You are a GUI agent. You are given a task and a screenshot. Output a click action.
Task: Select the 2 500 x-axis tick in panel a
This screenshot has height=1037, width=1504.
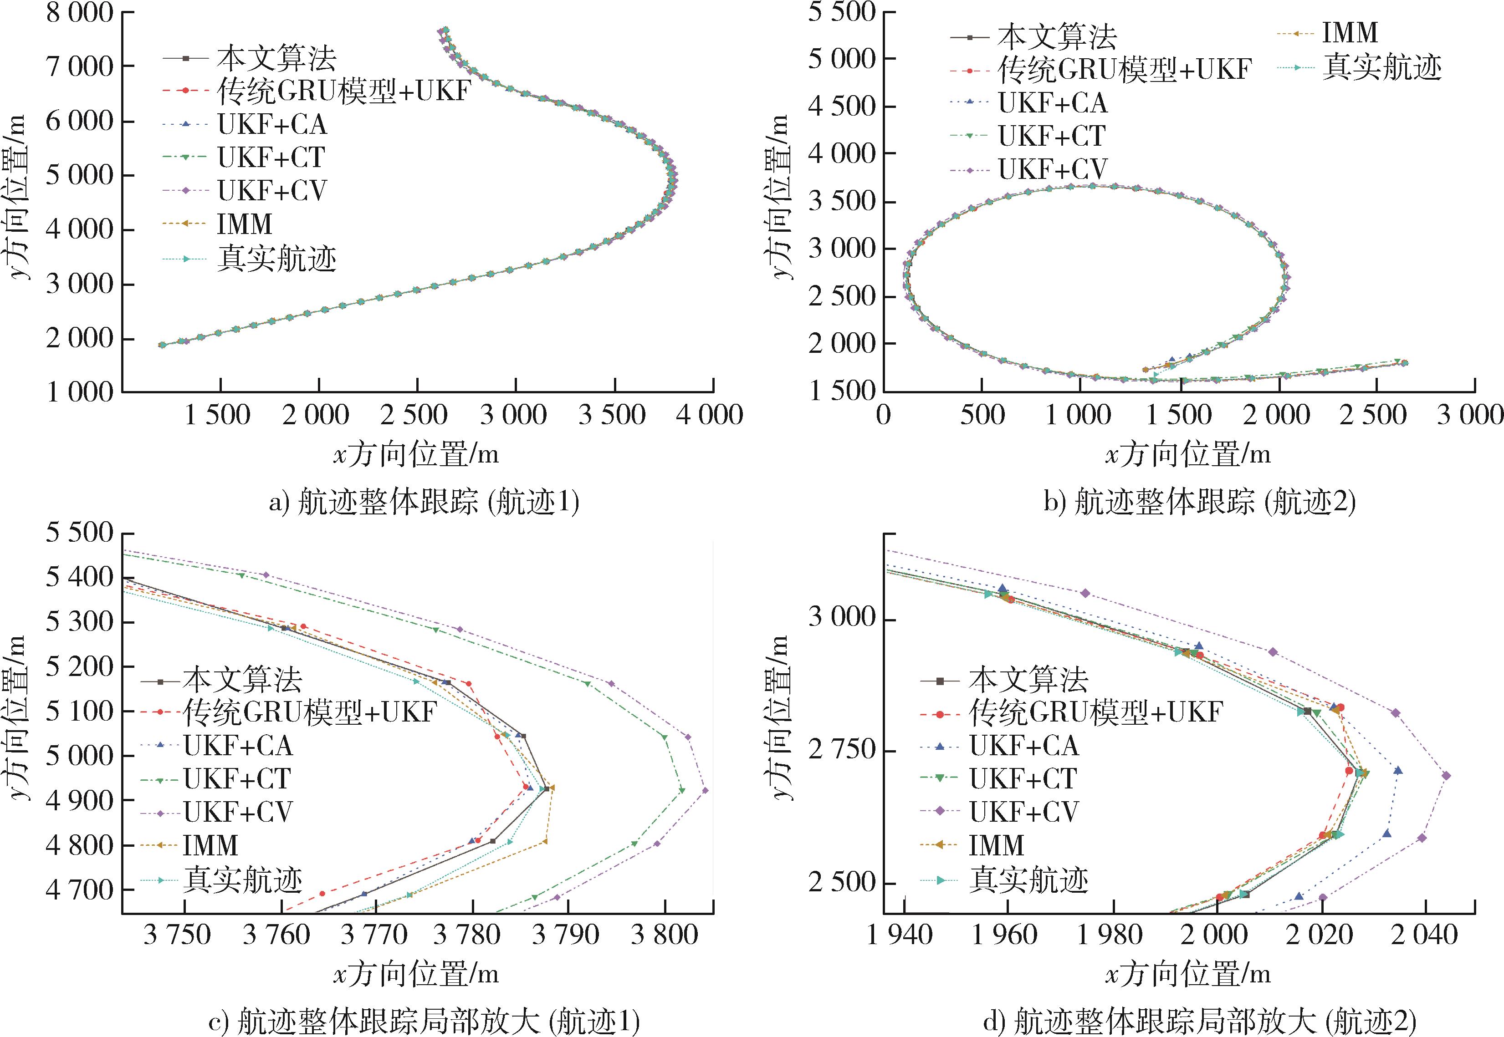pos(416,415)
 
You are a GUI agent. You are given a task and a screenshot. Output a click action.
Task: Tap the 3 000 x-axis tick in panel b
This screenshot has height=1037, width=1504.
pos(1470,415)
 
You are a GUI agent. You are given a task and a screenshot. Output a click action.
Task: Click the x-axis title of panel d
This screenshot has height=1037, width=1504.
pos(1188,974)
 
